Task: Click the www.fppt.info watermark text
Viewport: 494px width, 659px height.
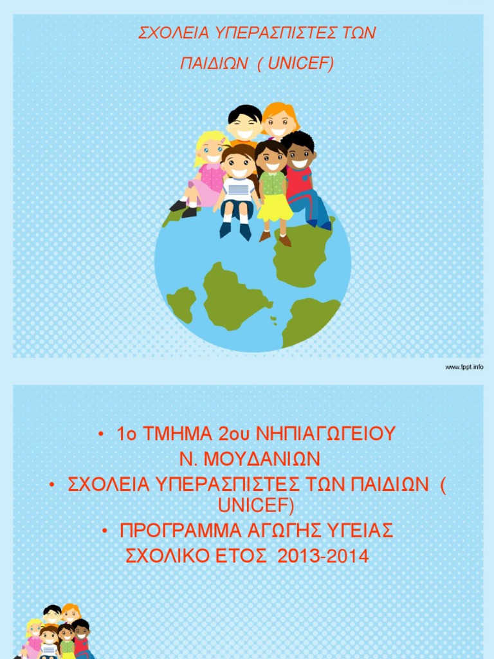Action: (x=464, y=367)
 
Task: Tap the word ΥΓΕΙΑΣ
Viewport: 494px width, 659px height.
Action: (x=360, y=532)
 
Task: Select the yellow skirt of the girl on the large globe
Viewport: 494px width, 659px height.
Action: (x=275, y=207)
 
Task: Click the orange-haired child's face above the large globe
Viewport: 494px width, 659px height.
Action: (x=279, y=122)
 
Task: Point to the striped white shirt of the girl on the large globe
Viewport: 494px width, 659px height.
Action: (x=238, y=189)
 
